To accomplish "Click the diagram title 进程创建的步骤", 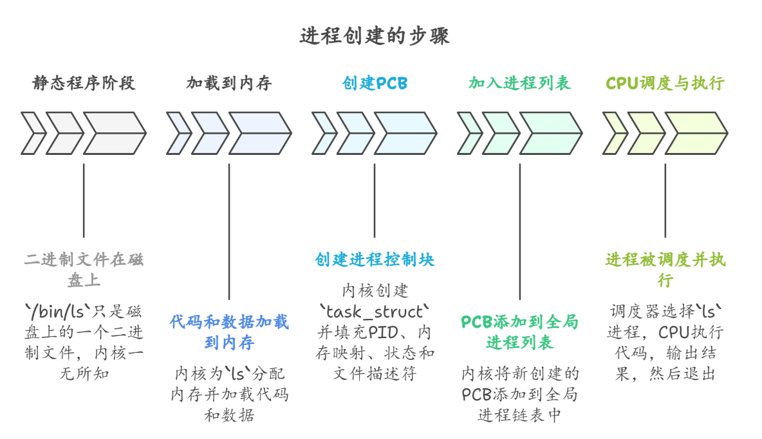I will coord(375,36).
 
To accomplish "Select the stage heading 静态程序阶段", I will coord(84,84).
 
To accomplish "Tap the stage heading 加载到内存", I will coord(229,84).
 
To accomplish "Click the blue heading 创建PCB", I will coord(375,84).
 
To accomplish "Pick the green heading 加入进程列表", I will coord(519,84).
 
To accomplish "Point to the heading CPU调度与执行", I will coord(665,84).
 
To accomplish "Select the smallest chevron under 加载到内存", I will coord(178,133).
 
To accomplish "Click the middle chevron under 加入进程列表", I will coord(500,133).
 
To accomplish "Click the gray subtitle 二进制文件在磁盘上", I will coord(84,270).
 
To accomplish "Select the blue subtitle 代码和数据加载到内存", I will coord(229,332).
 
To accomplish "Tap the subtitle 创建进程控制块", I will coord(375,260).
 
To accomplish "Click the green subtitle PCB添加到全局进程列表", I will coord(519,332).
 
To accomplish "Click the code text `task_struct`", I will coord(375,312).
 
